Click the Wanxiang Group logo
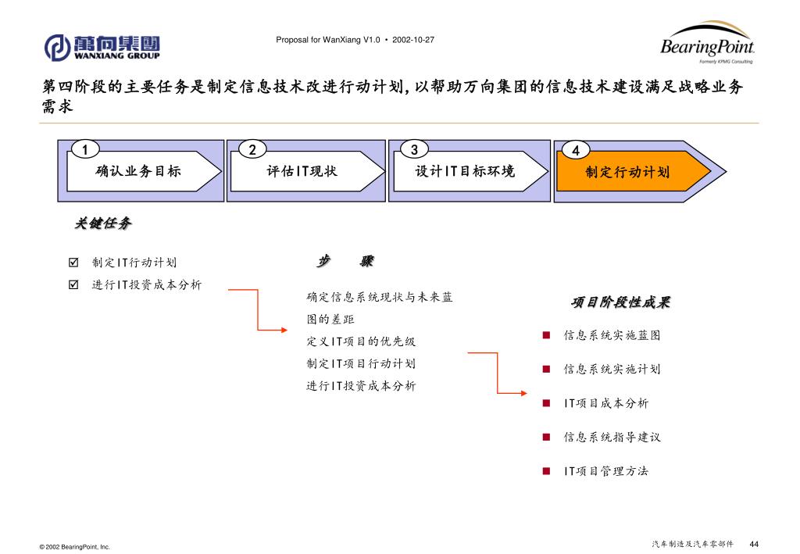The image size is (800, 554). point(102,47)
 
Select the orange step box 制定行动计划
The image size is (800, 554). point(627,172)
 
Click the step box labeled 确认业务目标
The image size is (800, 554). point(138,171)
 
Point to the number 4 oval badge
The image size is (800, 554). point(576,150)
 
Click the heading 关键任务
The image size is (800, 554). point(102,224)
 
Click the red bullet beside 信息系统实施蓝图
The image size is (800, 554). point(547,335)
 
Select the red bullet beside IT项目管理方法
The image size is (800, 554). point(547,471)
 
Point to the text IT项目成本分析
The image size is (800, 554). point(605,403)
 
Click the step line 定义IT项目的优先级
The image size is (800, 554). point(361,341)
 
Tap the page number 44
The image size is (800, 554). point(754,544)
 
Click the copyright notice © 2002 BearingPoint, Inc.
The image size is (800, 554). point(75,547)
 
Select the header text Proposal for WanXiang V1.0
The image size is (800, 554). point(327,39)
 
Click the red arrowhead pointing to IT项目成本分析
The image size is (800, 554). point(523,393)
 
